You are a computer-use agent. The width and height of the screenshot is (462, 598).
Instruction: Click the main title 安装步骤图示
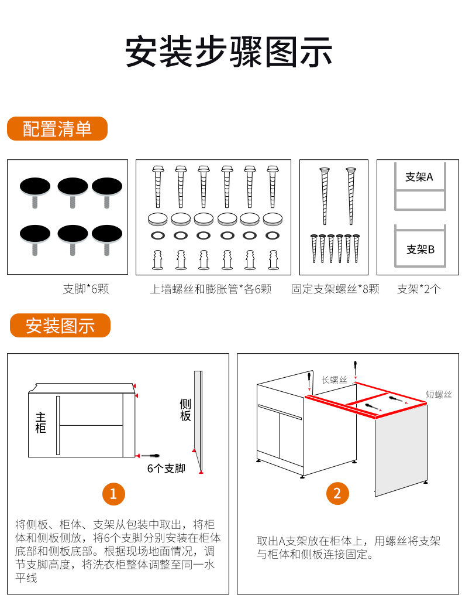(x=229, y=52)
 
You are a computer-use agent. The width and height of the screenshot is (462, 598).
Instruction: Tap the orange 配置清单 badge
(x=57, y=129)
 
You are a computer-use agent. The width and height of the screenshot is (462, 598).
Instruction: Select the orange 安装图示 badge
(x=60, y=326)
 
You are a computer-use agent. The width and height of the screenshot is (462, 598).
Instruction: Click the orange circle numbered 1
(x=113, y=493)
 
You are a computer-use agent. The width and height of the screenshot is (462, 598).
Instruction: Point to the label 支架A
(x=419, y=176)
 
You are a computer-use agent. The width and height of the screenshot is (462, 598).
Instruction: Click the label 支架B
(x=420, y=250)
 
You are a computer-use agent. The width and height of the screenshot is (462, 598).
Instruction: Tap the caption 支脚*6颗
(x=86, y=289)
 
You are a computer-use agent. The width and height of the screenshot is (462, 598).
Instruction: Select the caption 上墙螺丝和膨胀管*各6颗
(x=211, y=289)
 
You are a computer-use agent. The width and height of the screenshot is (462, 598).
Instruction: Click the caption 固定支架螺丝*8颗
(x=335, y=289)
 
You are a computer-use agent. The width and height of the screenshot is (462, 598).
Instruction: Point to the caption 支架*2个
(x=419, y=289)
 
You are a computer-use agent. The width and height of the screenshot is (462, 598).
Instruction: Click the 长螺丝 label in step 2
(x=335, y=380)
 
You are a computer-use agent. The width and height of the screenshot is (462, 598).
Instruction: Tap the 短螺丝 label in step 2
(x=439, y=395)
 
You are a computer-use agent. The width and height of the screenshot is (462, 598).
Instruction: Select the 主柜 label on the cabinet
(x=40, y=422)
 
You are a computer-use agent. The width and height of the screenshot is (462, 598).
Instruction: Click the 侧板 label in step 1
(x=185, y=409)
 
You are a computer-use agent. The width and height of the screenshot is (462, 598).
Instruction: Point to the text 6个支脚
(x=166, y=469)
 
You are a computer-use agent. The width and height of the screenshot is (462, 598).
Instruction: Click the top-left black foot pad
(x=35, y=187)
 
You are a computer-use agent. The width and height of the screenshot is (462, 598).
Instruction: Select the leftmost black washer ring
(x=157, y=235)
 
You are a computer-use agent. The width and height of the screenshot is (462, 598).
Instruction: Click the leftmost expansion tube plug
(x=157, y=259)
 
